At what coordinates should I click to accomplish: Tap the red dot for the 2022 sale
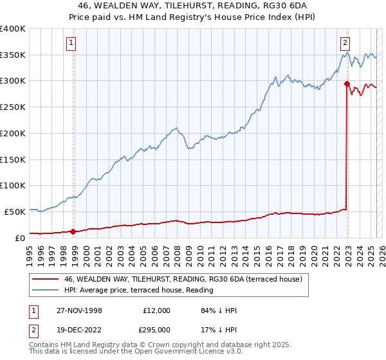tap(347, 84)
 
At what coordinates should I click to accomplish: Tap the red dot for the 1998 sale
tap(73, 231)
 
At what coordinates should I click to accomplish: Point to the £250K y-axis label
tap(13, 107)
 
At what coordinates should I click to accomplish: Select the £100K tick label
tap(13, 185)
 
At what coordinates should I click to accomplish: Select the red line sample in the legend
tap(45, 279)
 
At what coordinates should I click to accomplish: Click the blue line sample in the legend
tap(45, 290)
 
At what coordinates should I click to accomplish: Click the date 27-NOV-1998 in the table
tap(78, 310)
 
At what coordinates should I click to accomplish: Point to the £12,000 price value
tap(156, 310)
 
